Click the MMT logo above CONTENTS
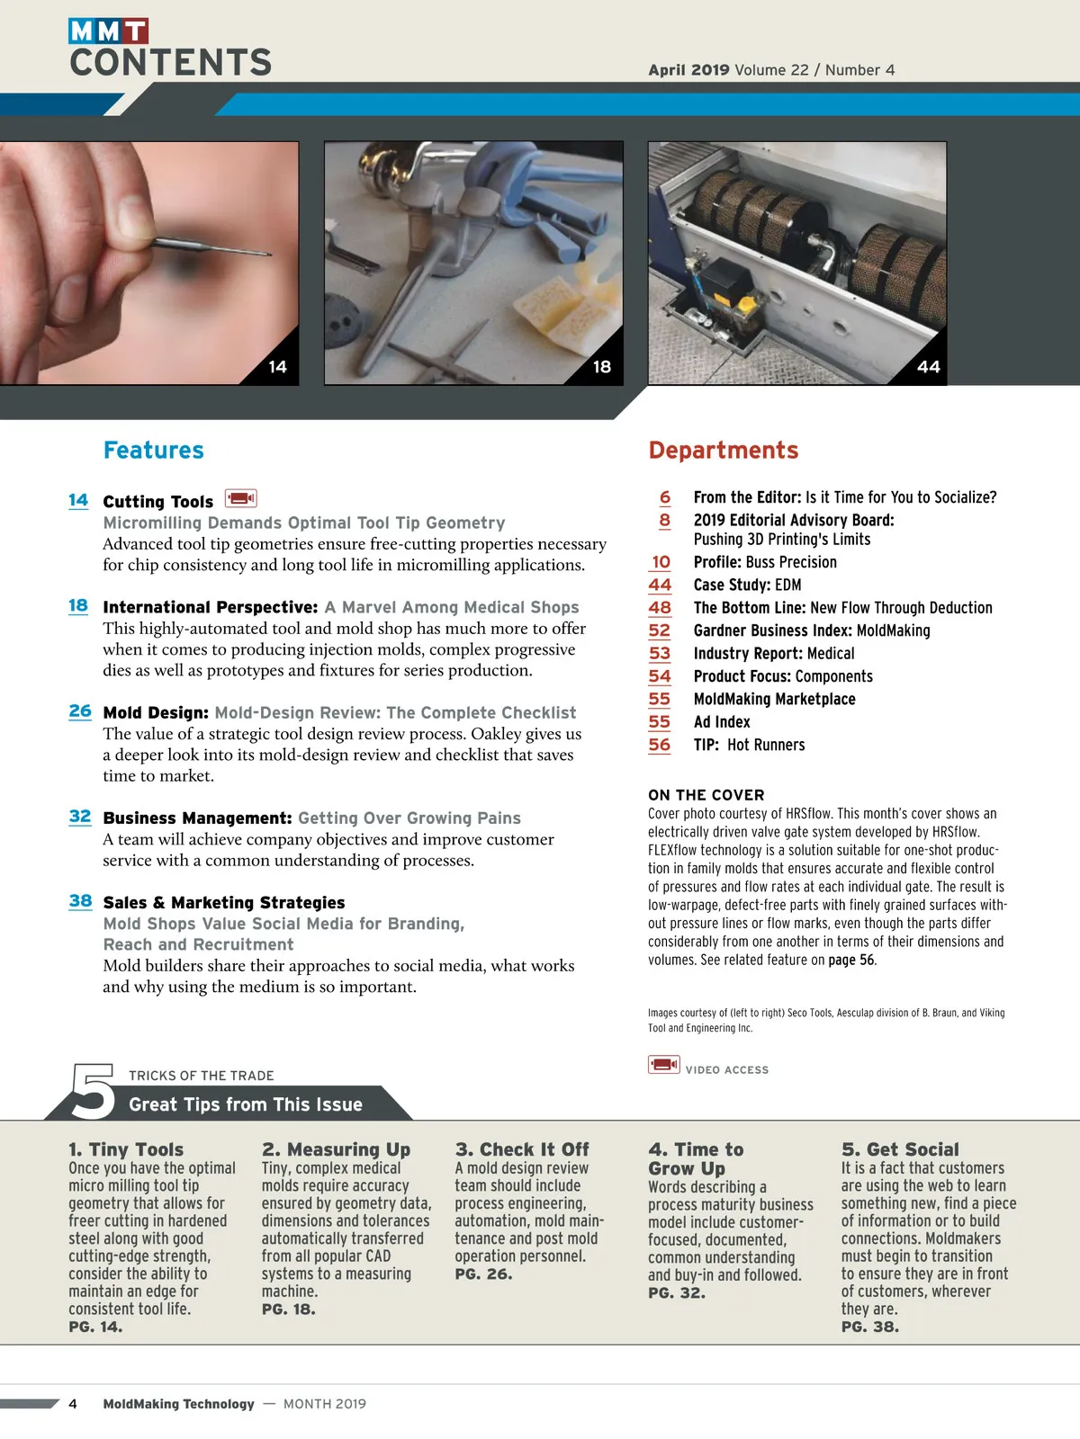[108, 31]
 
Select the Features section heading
[154, 450]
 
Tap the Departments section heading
[723, 450]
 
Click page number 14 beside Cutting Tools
[78, 500]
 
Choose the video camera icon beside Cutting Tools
[240, 498]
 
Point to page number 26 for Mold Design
[80, 711]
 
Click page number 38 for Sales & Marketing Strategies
[80, 901]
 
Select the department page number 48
[660, 607]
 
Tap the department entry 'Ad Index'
[721, 721]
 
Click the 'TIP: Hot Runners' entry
[749, 745]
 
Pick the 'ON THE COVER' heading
[706, 795]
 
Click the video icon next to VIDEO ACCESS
[663, 1065]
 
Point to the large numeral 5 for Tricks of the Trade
[94, 1091]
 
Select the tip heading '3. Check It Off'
[522, 1149]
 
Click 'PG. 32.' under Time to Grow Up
[676, 1292]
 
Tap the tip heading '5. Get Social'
[900, 1149]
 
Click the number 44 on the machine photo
[928, 367]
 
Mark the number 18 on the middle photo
[602, 367]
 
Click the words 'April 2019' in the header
[688, 70]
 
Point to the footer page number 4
[73, 1404]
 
